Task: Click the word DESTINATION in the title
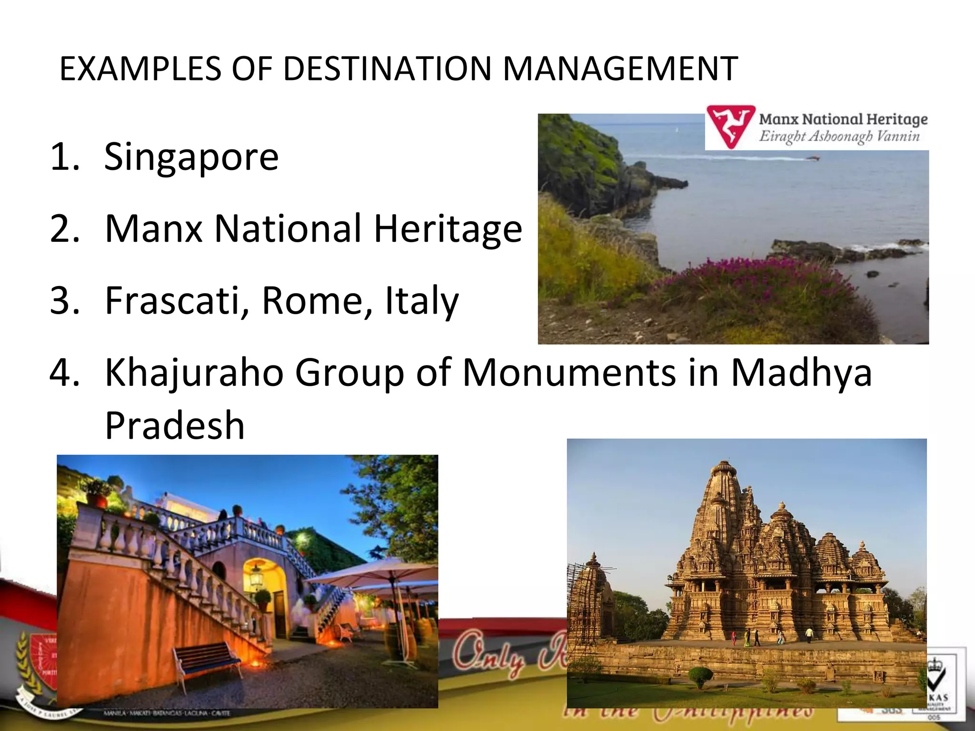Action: pos(387,69)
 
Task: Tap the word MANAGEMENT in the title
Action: pos(620,69)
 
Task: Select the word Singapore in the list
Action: pos(191,157)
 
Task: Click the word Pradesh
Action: pos(174,425)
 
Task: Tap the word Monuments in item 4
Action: pos(569,373)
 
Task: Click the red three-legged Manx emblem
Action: pos(730,126)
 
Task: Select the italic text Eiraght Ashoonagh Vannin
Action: pos(839,137)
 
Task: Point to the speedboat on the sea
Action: pos(813,158)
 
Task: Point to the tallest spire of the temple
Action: pos(724,495)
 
